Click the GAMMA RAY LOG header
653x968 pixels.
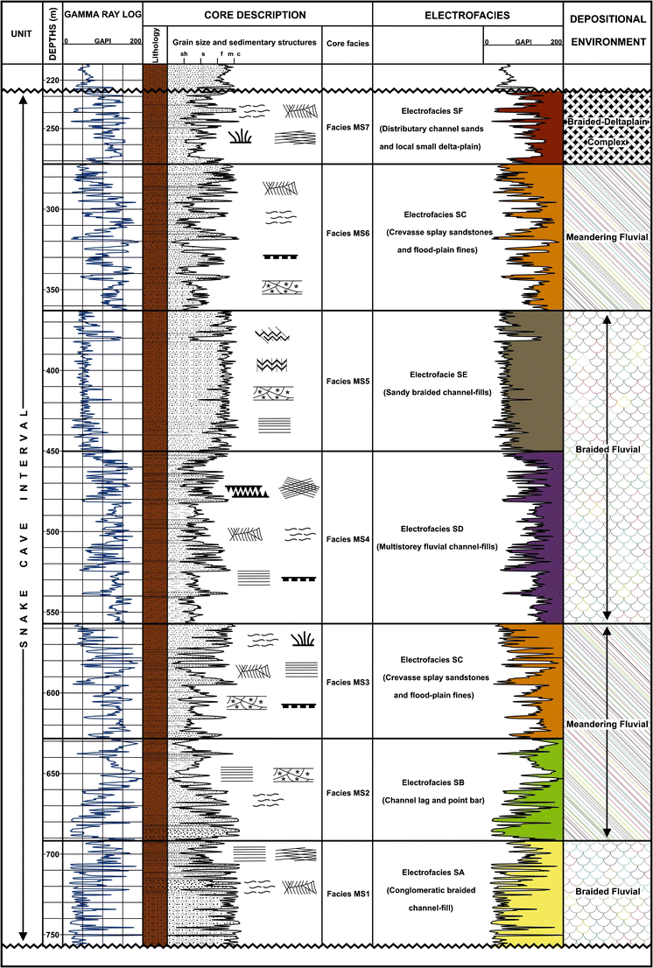point(102,16)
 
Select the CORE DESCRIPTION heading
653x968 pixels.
point(257,16)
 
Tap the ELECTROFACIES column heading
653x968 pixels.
point(467,16)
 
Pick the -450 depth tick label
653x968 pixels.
point(53,452)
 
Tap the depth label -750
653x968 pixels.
point(53,935)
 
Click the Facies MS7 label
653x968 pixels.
point(348,128)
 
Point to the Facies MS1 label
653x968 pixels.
point(348,894)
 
